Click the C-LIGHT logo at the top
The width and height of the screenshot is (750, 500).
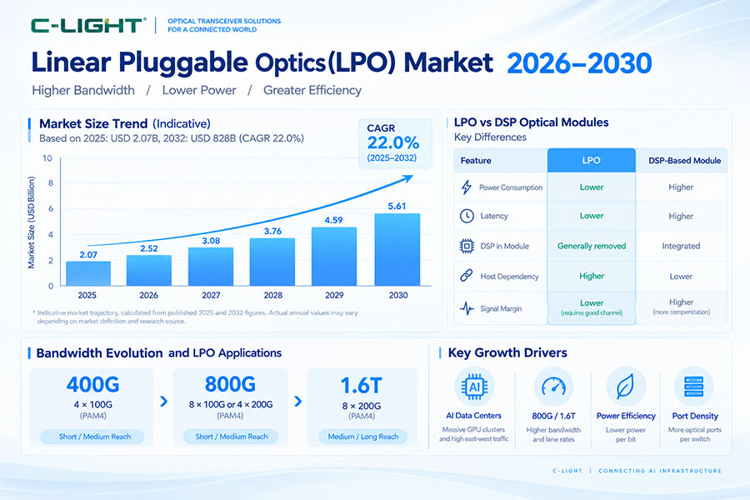[87, 25]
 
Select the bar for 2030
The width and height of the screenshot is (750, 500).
[397, 249]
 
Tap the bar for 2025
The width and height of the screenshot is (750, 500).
[88, 273]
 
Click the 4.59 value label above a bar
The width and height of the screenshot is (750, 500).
[333, 220]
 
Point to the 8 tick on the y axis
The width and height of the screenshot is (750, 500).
[50, 183]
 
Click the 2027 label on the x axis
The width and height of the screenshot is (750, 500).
[211, 295]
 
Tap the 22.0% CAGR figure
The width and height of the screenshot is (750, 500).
[393, 142]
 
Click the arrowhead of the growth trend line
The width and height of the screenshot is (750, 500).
[407, 178]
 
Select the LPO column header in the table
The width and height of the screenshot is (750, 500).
[591, 160]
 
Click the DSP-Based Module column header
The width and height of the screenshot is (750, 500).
[684, 161]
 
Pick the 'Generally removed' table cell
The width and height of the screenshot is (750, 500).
[592, 246]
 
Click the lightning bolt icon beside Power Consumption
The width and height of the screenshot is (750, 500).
[467, 187]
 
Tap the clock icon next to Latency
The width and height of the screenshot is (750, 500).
[467, 217]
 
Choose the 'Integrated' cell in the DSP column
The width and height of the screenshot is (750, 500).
[681, 246]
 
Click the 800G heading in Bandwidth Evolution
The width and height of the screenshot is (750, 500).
[230, 384]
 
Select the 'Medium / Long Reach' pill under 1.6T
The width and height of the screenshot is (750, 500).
[363, 437]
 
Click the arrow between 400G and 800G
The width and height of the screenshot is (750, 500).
[163, 401]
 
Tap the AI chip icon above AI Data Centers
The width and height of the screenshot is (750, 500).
[474, 387]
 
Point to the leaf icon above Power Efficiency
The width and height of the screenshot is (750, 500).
[626, 387]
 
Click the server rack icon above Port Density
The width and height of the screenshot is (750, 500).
[694, 387]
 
